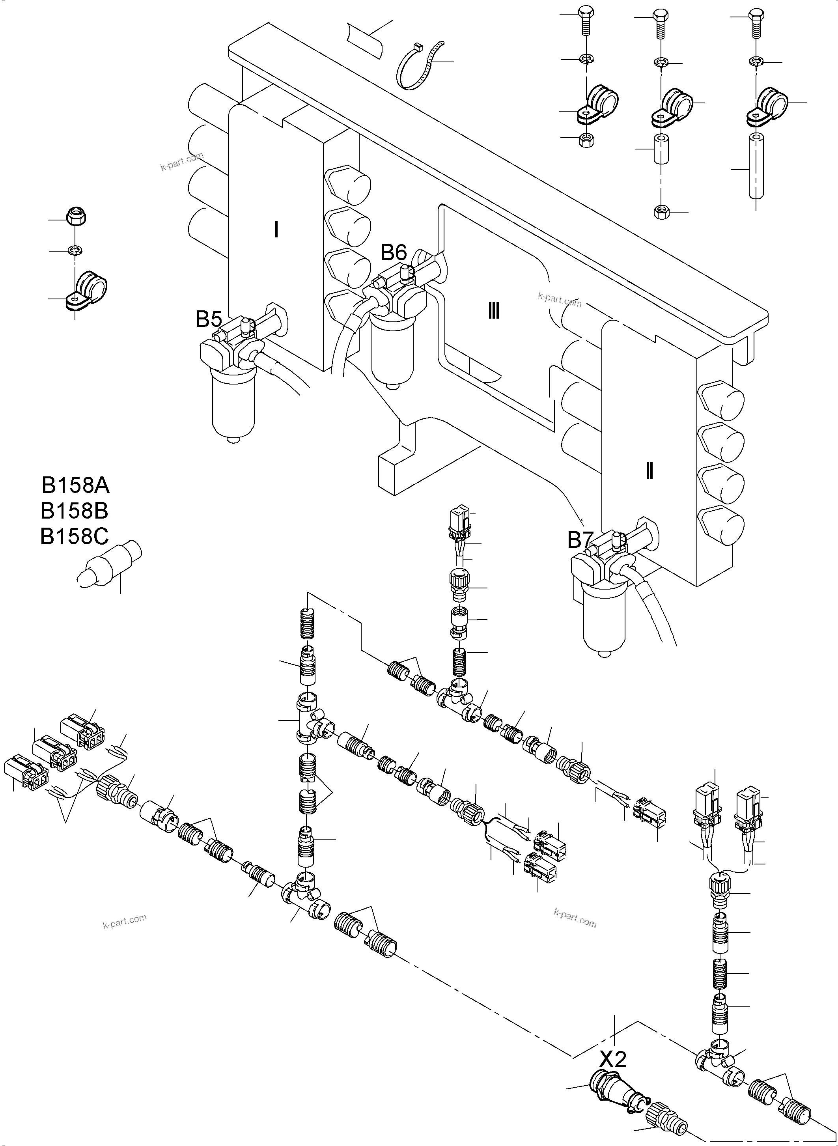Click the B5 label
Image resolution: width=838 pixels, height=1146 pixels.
(x=209, y=319)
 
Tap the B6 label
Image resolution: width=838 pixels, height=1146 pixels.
(x=394, y=252)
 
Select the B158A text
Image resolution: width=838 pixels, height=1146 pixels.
(x=75, y=486)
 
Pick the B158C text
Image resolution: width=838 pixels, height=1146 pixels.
(x=75, y=537)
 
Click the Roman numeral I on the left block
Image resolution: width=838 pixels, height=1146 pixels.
(x=276, y=230)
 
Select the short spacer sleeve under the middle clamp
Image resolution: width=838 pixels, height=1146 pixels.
(x=661, y=149)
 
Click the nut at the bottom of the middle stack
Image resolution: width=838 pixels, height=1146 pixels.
(x=661, y=211)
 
